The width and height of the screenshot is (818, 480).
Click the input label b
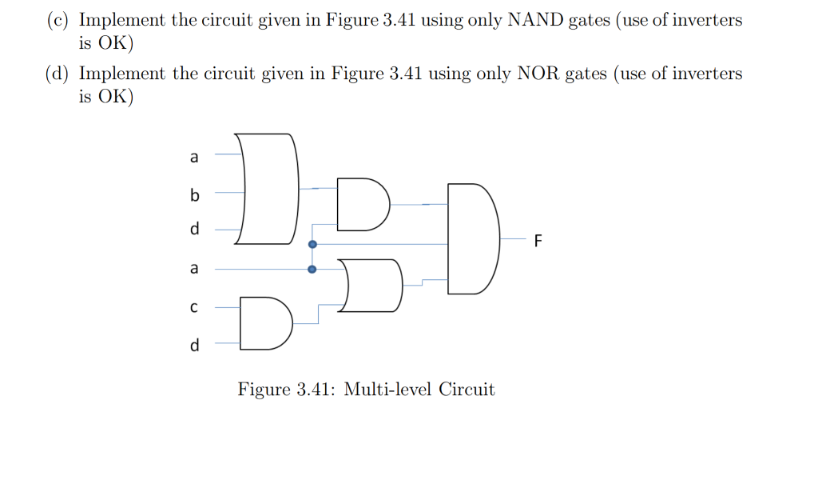point(193,194)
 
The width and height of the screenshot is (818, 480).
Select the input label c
point(193,307)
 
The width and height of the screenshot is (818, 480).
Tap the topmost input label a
point(193,158)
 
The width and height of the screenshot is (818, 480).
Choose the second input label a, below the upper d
point(193,269)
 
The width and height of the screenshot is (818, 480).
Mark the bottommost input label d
point(193,345)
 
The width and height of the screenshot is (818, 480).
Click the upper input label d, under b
point(193,229)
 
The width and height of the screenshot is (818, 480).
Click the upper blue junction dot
point(312,243)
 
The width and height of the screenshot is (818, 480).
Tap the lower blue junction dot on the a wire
point(312,270)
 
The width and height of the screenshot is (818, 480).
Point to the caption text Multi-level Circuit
point(419,390)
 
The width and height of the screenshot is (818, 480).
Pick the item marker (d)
point(57,74)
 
